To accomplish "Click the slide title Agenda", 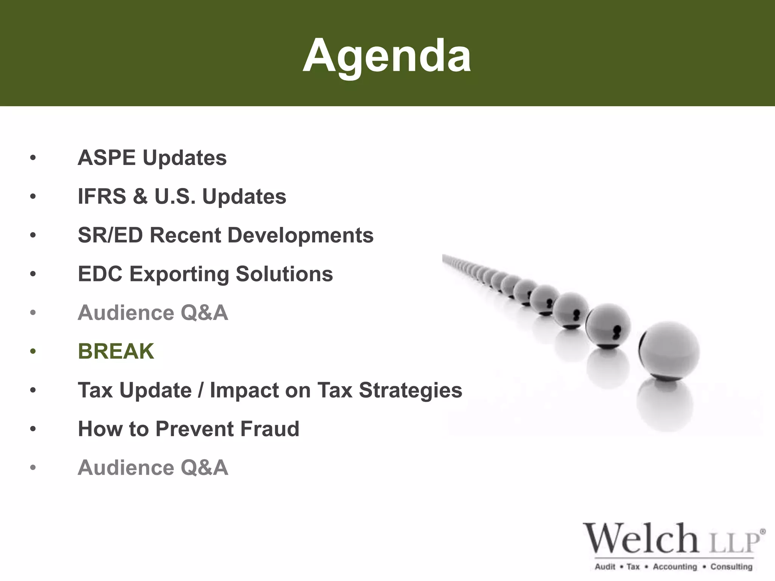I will pos(387,56).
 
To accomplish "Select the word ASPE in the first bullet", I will pos(106,158).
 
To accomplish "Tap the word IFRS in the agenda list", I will pos(101,197).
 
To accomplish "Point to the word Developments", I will pos(300,235).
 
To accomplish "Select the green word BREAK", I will pos(116,351).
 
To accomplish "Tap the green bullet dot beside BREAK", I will pos(33,351).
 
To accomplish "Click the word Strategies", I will pos(411,390).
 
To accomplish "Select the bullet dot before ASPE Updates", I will pos(33,158).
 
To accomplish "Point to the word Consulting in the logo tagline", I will pos(731,567).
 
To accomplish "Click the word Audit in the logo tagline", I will pos(605,567).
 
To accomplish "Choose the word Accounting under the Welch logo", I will pos(675,567).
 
